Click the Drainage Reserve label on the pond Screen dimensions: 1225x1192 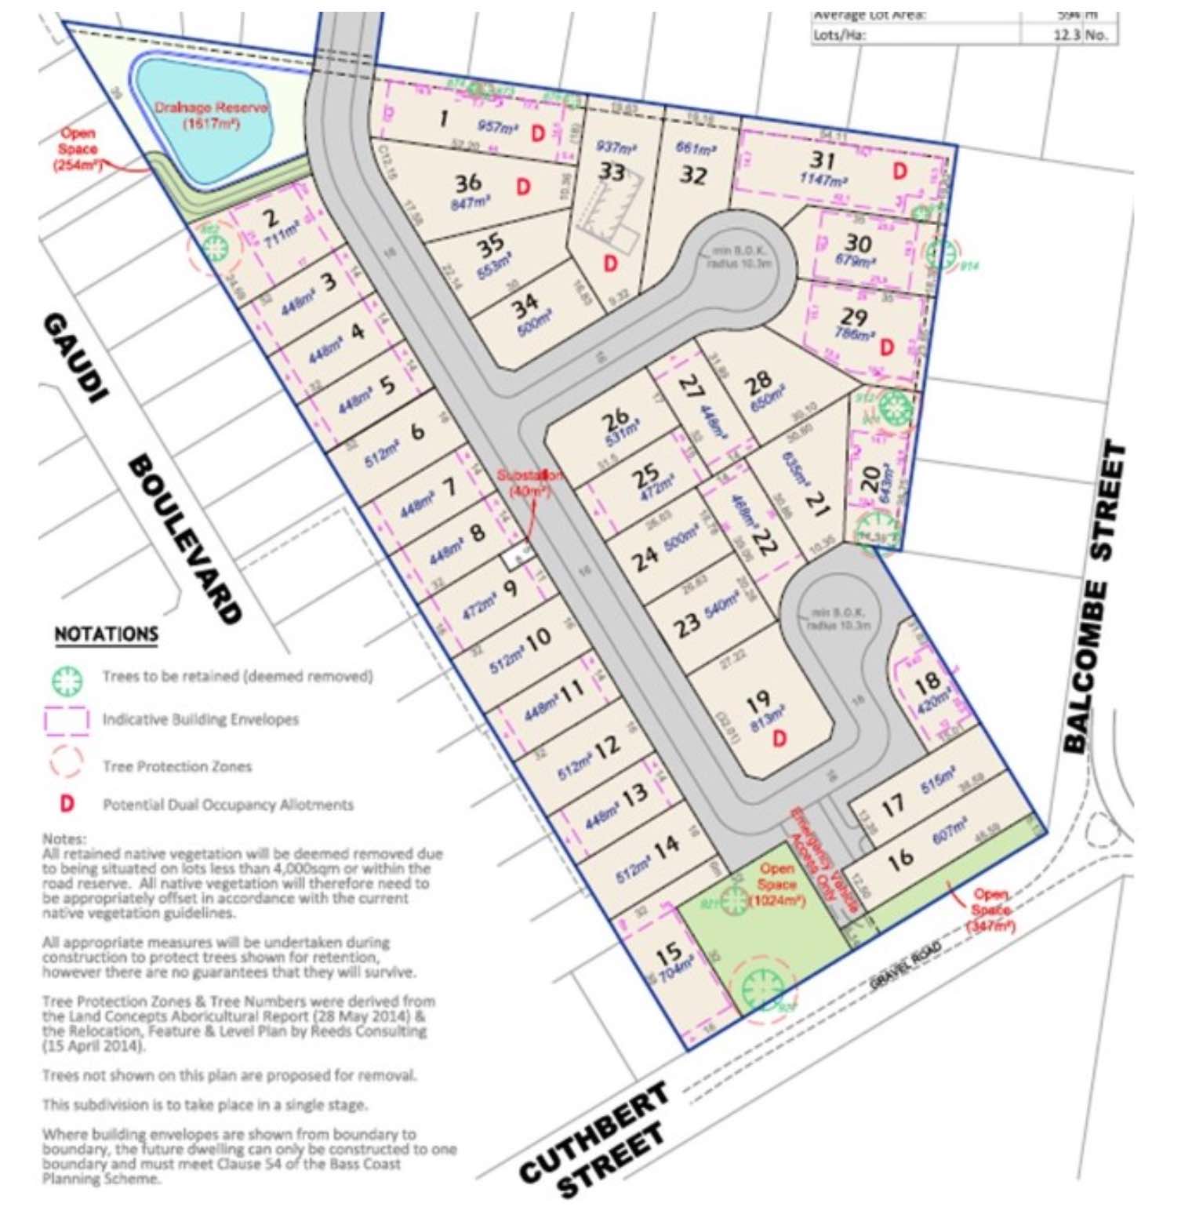pyautogui.click(x=211, y=115)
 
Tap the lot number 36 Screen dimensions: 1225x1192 pyautogui.click(x=468, y=183)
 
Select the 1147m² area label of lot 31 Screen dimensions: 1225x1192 pyautogui.click(x=823, y=180)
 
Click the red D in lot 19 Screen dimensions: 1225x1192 pyautogui.click(x=779, y=739)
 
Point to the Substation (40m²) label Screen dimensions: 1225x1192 pyautogui.click(x=530, y=483)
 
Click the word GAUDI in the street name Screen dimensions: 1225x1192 pyautogui.click(x=75, y=358)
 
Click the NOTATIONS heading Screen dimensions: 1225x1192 pyautogui.click(x=106, y=634)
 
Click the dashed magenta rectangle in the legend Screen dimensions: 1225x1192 pyautogui.click(x=67, y=721)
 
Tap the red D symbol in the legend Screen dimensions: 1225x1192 pyautogui.click(x=67, y=804)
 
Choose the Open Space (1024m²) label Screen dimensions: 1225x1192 pyautogui.click(x=776, y=885)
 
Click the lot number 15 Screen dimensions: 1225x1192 pyautogui.click(x=668, y=954)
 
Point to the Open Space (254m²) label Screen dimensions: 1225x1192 pyautogui.click(x=78, y=149)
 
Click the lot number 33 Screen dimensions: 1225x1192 pyautogui.click(x=612, y=170)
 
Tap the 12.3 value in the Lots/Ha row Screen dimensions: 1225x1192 pyautogui.click(x=1067, y=35)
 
